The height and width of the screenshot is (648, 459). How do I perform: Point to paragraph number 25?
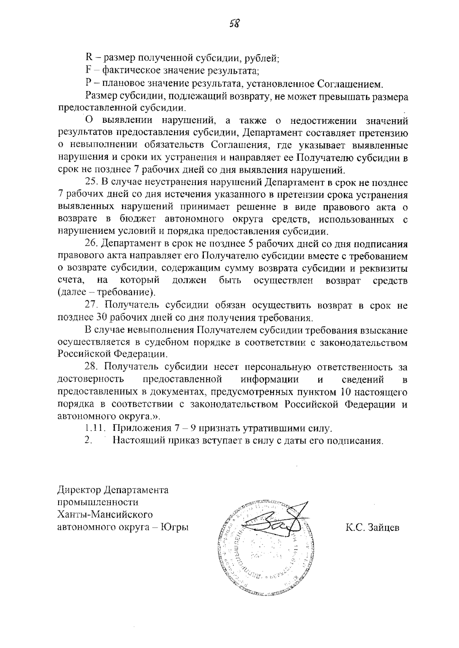point(91,182)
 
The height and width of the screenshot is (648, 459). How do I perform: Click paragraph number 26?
point(91,244)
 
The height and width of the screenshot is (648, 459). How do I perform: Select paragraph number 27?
point(91,306)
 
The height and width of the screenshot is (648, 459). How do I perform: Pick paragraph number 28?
point(91,368)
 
